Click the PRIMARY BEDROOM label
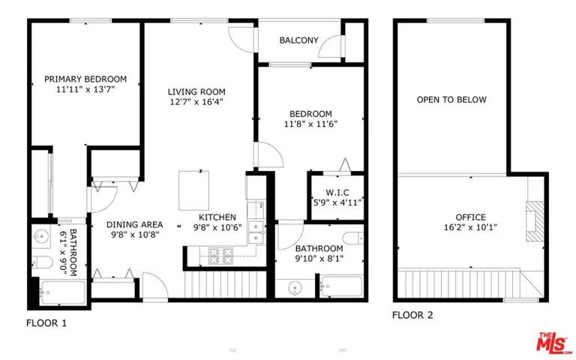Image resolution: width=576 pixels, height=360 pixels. pos(85,79)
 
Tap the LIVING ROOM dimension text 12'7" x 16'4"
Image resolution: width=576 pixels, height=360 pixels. pos(196,102)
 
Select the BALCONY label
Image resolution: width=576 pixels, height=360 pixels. pos(298,40)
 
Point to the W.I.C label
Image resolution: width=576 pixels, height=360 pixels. pos(337,193)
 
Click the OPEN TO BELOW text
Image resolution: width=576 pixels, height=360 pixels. pos(451,100)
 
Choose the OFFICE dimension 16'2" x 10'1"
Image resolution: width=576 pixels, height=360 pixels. pos(470,227)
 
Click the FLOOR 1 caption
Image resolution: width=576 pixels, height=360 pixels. pos(46,323)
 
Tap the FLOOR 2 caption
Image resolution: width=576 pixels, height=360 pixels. pos(412,315)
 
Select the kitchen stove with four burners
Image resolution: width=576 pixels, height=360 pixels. pos(220,256)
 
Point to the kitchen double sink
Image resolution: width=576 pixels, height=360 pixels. pos(256,232)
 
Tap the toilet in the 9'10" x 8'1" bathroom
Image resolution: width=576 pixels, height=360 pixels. pos(353,238)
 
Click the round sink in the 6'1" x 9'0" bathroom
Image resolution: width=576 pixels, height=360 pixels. pos(40,234)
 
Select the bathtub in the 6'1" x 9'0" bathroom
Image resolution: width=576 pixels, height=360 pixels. pos(63,292)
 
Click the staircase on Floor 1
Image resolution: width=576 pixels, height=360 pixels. pos(225,284)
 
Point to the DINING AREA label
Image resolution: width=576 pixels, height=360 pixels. pos(135,224)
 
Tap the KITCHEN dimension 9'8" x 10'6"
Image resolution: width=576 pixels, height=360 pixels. pos(217,228)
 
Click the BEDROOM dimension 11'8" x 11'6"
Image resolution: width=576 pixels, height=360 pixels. pos(310,124)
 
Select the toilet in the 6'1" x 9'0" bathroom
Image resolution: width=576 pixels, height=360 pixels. pos(42,262)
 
